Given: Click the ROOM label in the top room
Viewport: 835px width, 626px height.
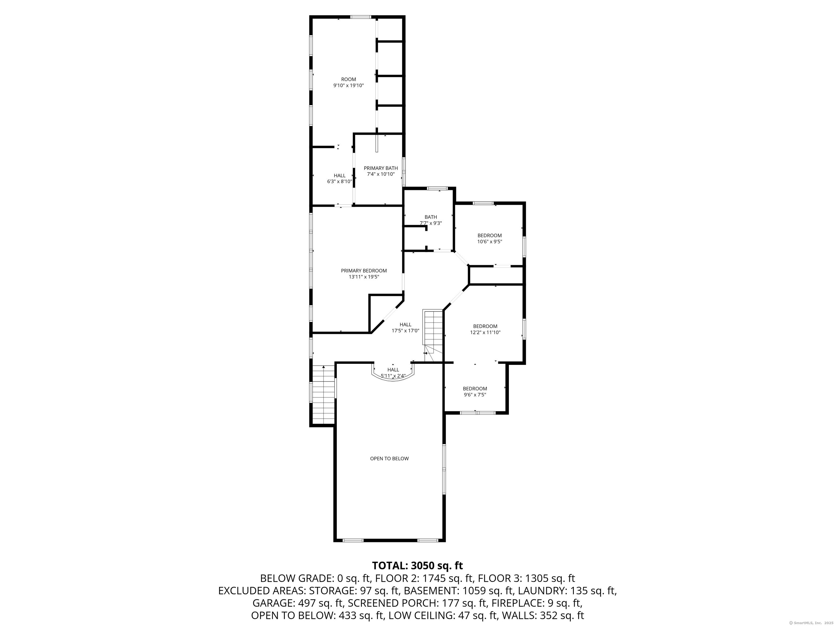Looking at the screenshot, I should click(x=348, y=79).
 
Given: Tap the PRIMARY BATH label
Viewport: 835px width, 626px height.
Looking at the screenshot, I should click(x=381, y=168).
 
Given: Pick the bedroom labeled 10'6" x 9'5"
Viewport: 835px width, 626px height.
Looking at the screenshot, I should click(x=490, y=239).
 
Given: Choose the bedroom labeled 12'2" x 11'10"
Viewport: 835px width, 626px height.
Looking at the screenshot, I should click(x=485, y=329).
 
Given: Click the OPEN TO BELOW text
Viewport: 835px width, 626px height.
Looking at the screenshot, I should click(x=389, y=458).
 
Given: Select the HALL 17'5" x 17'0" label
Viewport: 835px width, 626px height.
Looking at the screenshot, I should click(x=406, y=327).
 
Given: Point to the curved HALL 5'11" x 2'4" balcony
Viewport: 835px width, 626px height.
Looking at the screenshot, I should click(x=393, y=373).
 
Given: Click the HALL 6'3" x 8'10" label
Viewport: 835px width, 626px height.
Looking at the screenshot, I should click(x=339, y=179).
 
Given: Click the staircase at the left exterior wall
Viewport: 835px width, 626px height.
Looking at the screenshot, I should click(x=323, y=394).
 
